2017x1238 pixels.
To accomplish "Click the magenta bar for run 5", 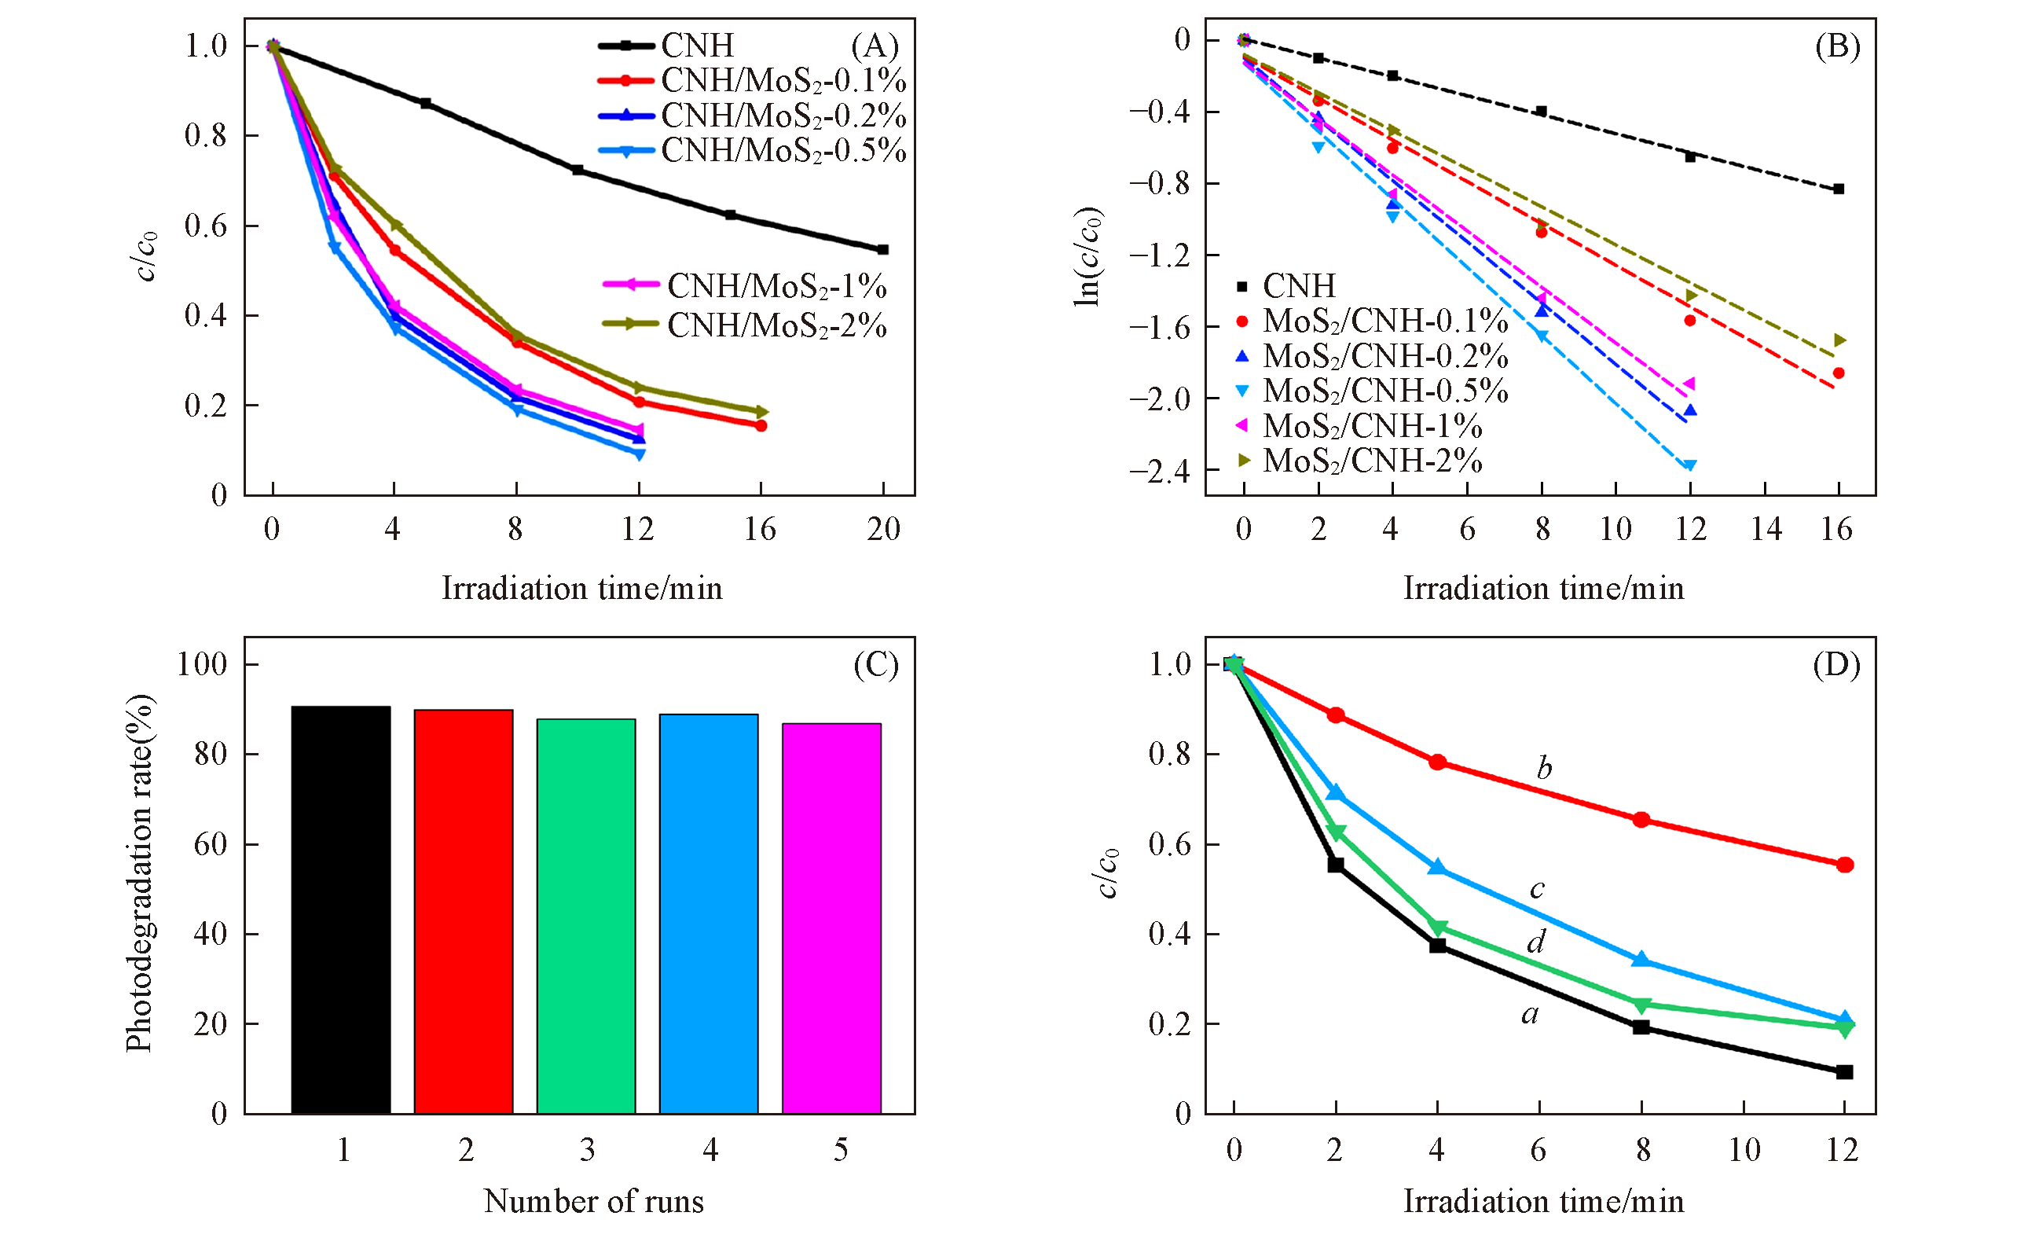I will click(x=831, y=918).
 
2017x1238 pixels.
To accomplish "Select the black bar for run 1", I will click(x=340, y=909).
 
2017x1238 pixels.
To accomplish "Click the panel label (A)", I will click(x=875, y=46).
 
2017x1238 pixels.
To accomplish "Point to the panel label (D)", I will click(x=1836, y=665).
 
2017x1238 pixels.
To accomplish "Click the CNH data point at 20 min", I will click(x=882, y=250).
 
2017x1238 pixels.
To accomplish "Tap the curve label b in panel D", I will click(x=1544, y=768).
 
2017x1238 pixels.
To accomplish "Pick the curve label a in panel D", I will click(x=1529, y=1015).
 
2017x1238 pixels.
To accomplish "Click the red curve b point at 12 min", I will click(x=1844, y=865).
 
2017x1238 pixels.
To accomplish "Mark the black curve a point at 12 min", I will click(x=1844, y=1072).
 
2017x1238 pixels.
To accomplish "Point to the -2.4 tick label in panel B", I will click(x=1160, y=472).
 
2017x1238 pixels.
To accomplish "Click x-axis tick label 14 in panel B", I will click(x=1766, y=530).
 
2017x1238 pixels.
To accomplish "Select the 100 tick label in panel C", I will click(x=202, y=664).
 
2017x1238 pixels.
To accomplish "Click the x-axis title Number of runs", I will click(x=593, y=1201).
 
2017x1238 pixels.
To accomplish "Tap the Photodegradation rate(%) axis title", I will click(x=139, y=872).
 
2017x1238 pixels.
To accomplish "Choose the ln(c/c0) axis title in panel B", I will click(x=1088, y=256).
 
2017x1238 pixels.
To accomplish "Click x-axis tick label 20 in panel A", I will click(x=883, y=530).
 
